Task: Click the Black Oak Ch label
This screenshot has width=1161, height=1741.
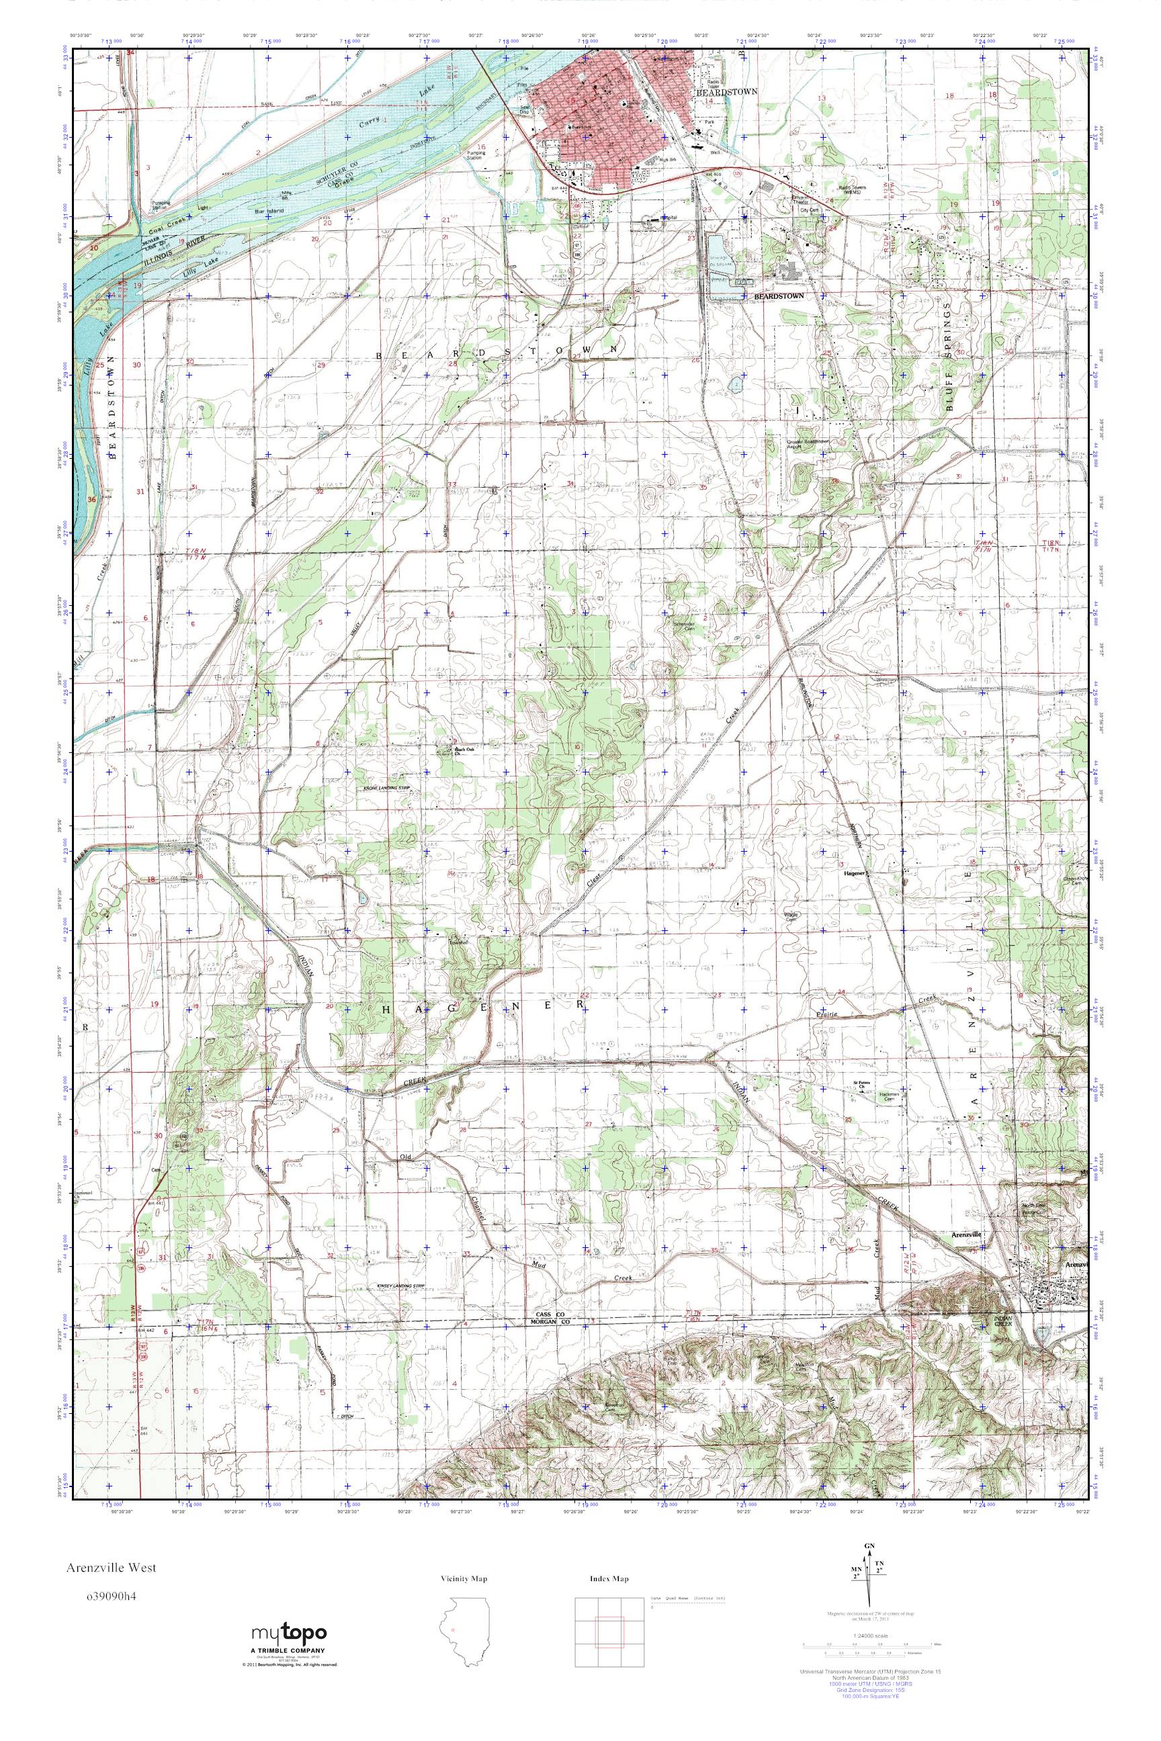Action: pyautogui.click(x=464, y=749)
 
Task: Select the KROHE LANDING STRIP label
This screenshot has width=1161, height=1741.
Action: pyautogui.click(x=385, y=789)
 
